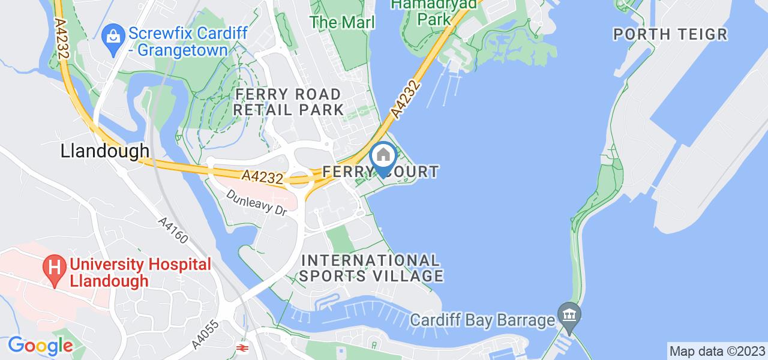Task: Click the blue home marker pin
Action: click(x=383, y=157)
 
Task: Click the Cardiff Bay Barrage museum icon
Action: click(x=568, y=313)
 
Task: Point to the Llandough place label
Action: click(x=104, y=151)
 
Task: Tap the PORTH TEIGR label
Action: click(x=670, y=34)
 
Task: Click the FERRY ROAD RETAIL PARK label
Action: click(x=289, y=102)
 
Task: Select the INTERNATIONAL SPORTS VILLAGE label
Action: click(x=372, y=268)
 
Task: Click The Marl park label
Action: click(x=342, y=23)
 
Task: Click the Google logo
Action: click(x=40, y=346)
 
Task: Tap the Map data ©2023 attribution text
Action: click(x=717, y=351)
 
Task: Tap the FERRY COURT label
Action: click(x=380, y=172)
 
